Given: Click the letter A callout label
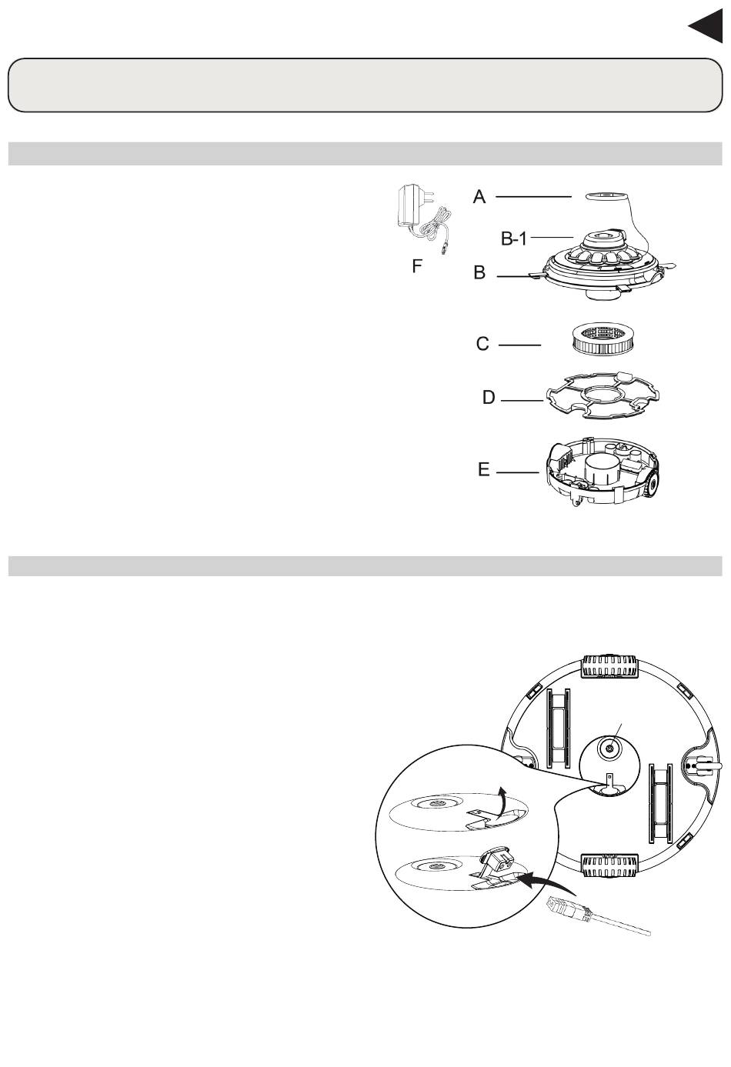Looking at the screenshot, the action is [479, 196].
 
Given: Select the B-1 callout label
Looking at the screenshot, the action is [514, 238].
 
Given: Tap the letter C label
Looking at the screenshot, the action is [482, 343].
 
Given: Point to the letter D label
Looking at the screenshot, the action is [489, 397].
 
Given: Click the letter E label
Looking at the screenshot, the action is [483, 470].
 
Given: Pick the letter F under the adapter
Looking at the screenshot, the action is [417, 266].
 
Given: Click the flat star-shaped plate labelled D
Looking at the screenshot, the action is [602, 395].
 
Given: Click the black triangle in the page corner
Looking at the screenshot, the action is [708, 26].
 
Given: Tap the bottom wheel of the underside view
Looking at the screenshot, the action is [609, 866].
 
